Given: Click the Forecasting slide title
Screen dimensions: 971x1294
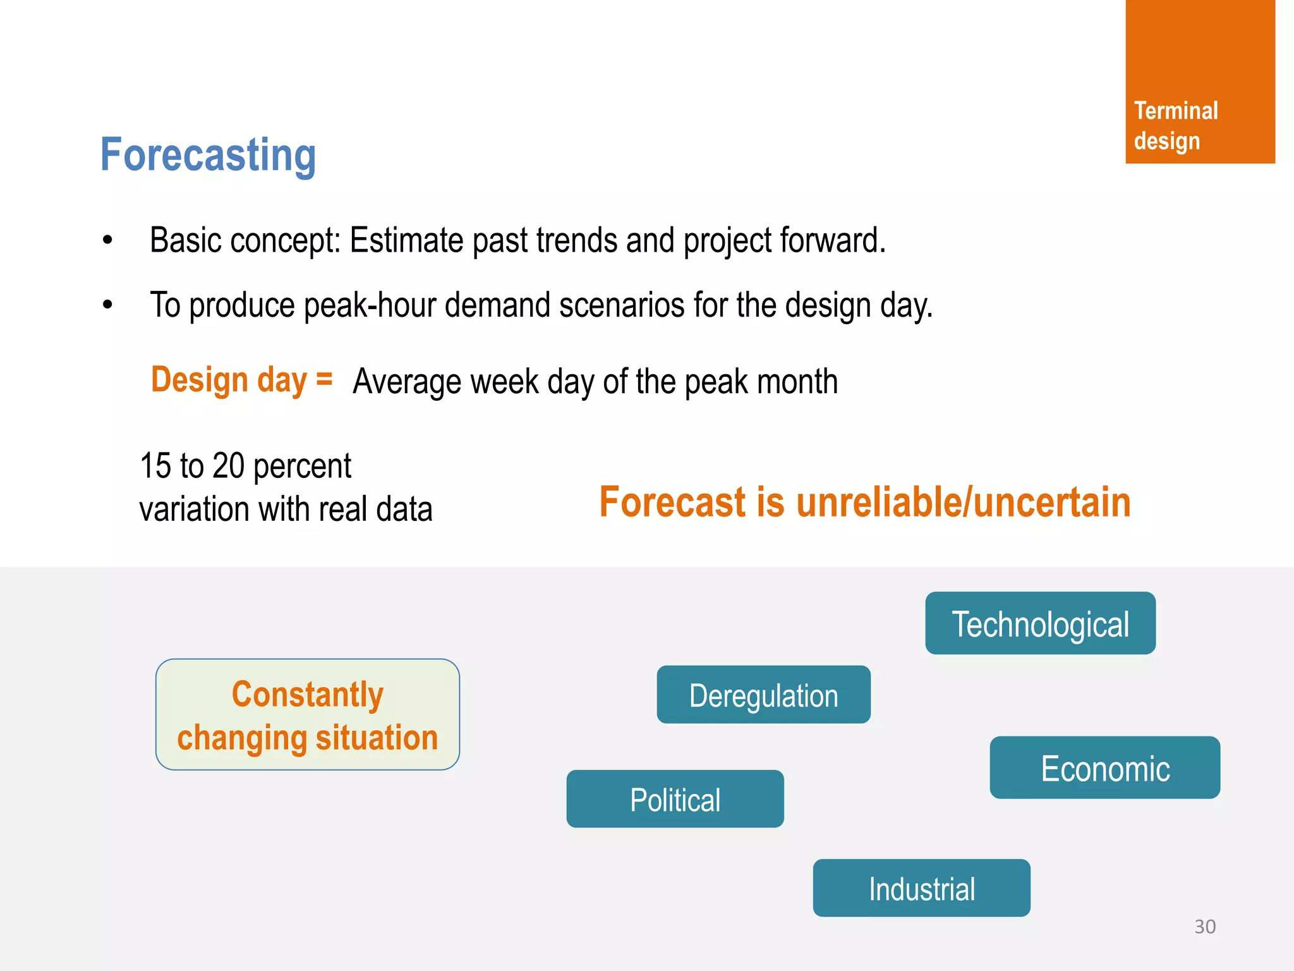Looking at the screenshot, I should point(208,155).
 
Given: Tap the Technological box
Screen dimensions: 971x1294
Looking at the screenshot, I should point(1040,624).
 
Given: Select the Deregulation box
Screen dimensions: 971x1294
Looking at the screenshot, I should point(763,695).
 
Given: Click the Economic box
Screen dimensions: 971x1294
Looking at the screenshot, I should point(1104,768).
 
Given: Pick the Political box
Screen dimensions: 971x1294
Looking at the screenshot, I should point(675,799).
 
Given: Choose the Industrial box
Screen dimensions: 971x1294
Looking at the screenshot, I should point(921,888).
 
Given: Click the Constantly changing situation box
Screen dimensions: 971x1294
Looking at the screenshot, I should point(308,715).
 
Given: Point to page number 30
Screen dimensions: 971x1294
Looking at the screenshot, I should point(1204,927).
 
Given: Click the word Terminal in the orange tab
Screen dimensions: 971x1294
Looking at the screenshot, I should point(1175,111).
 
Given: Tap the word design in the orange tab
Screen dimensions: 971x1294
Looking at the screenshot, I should point(1166,141).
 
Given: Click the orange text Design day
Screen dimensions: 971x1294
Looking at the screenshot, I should point(229,380).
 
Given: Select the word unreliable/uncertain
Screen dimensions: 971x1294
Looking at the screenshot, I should point(963,503).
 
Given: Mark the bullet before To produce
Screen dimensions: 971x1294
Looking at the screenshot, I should point(107,305).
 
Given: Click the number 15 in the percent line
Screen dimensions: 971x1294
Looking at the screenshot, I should point(155,466).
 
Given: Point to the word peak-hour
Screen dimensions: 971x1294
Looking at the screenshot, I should point(370,306).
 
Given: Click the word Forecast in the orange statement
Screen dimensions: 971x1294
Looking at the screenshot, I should point(672,503).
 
